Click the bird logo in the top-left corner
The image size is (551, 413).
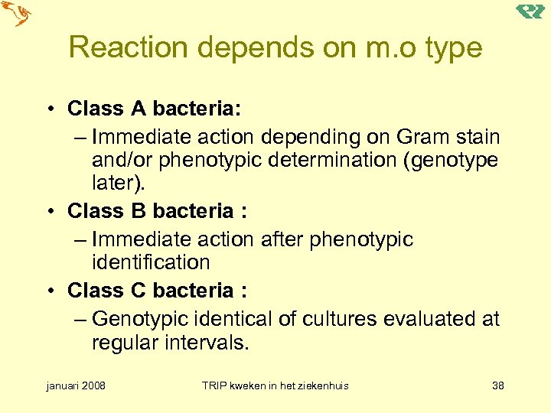tap(16, 14)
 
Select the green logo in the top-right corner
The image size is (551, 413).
tap(530, 11)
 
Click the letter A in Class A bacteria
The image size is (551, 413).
tap(138, 109)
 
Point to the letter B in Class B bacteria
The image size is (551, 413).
tap(138, 210)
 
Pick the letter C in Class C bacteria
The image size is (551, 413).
tap(138, 291)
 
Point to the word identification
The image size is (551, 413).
tap(151, 262)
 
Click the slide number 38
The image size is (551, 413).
tap(498, 385)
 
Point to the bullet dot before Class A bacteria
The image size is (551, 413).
tap(49, 110)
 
